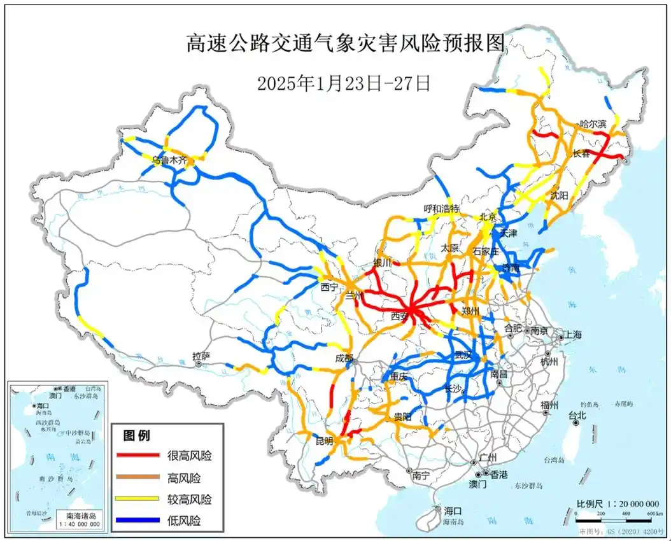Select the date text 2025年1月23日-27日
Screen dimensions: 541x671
point(344,83)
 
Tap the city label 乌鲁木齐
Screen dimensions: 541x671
point(170,161)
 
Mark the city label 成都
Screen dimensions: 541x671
point(344,358)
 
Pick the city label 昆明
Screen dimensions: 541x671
point(324,440)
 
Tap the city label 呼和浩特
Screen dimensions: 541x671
point(442,209)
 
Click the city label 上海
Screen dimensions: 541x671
point(572,335)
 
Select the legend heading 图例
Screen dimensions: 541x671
point(136,436)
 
